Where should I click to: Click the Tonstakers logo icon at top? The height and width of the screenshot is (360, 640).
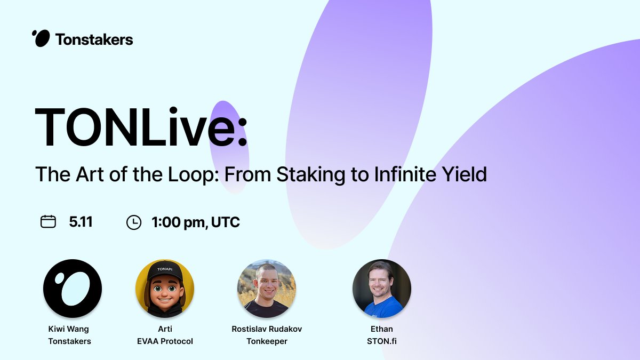[x=41, y=38]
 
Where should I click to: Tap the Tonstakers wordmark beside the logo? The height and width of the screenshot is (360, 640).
[x=94, y=39]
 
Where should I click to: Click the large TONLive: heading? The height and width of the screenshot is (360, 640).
[x=141, y=126]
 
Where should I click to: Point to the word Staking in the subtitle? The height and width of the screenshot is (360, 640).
[x=311, y=175]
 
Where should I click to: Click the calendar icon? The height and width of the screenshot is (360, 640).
[x=48, y=221]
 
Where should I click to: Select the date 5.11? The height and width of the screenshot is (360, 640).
[x=81, y=222]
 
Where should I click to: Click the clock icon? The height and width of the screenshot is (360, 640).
[x=134, y=222]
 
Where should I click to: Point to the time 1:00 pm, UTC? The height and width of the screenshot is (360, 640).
[x=196, y=222]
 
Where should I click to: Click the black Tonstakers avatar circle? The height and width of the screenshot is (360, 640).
[x=73, y=289]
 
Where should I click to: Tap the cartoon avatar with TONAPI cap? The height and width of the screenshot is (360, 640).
[x=165, y=289]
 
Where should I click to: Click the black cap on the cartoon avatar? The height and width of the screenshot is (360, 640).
[x=165, y=271]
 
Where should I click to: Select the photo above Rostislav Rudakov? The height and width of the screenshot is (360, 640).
[x=267, y=289]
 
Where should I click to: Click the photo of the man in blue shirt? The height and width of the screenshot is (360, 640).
[x=382, y=289]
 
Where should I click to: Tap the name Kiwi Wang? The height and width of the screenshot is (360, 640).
[x=69, y=329]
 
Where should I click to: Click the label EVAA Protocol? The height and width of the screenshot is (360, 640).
[x=165, y=341]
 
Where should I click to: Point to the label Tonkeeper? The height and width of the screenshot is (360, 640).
[x=267, y=341]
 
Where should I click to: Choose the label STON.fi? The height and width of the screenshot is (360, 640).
[x=382, y=341]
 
